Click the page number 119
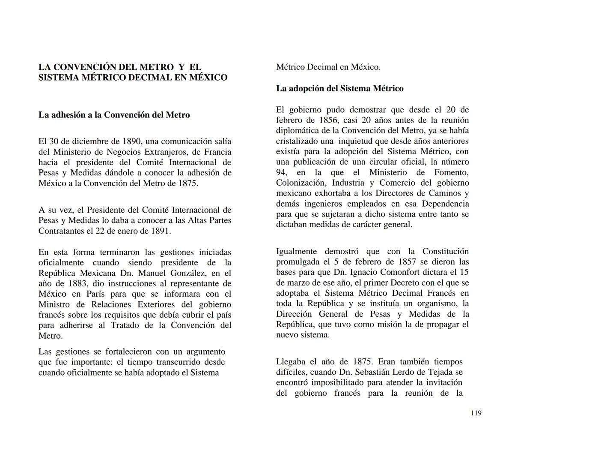(x=476, y=413)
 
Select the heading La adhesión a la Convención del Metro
(x=114, y=115)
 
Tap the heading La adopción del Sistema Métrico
(x=339, y=89)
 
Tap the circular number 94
(x=281, y=173)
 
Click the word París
(x=95, y=294)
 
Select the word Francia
(x=216, y=152)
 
